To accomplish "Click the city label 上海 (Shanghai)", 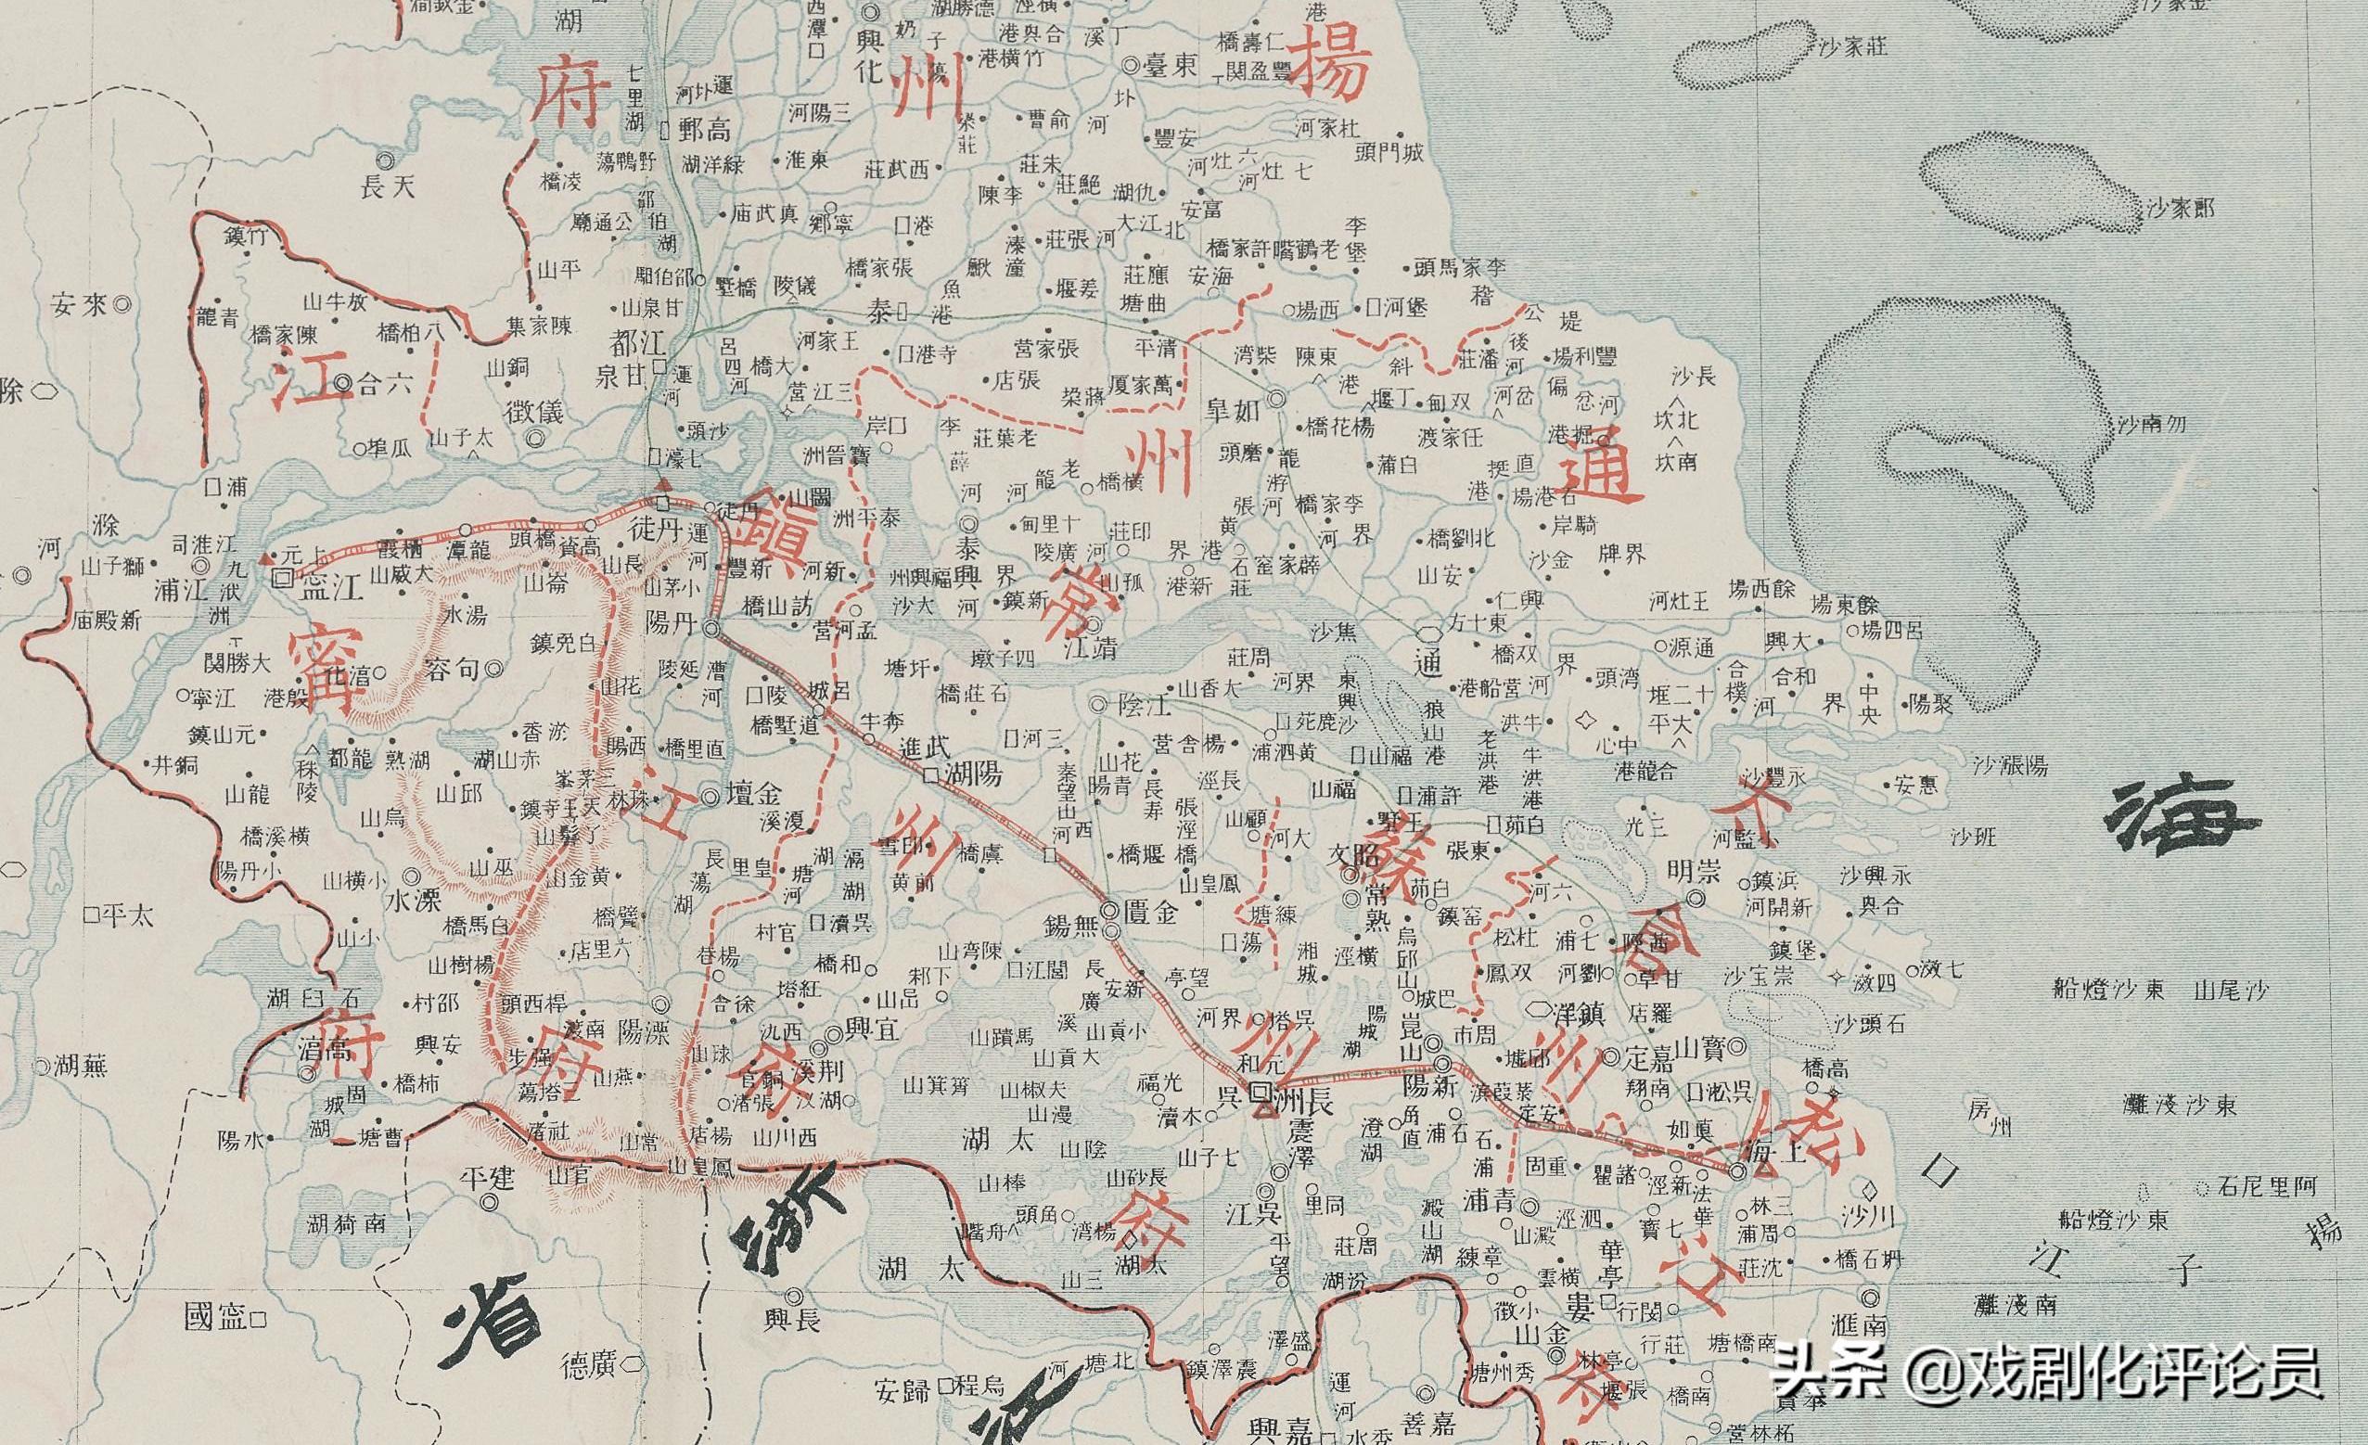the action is click(x=1775, y=1157).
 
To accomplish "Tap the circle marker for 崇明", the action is click(x=1697, y=900).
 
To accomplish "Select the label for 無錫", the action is click(x=1072, y=927).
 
